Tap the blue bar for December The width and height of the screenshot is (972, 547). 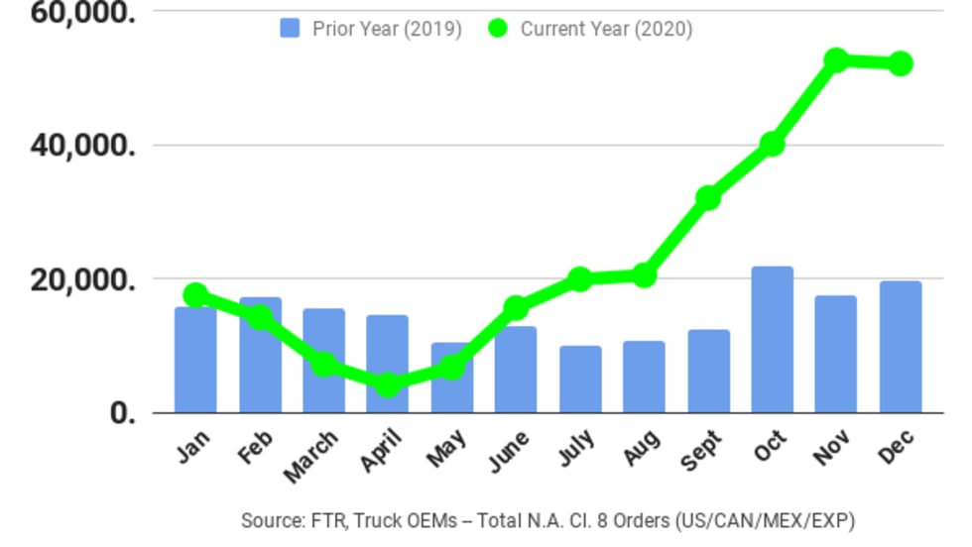[900, 347]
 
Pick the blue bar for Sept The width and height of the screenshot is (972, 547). [708, 371]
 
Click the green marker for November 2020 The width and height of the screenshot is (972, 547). [836, 60]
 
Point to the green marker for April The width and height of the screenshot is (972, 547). [388, 384]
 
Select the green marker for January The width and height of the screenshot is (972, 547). [195, 294]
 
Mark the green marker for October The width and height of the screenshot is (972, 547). [772, 144]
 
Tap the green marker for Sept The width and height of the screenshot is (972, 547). [707, 197]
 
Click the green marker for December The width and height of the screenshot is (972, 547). [900, 63]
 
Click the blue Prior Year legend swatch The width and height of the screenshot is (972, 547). [290, 29]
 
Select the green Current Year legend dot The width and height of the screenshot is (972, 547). [499, 29]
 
